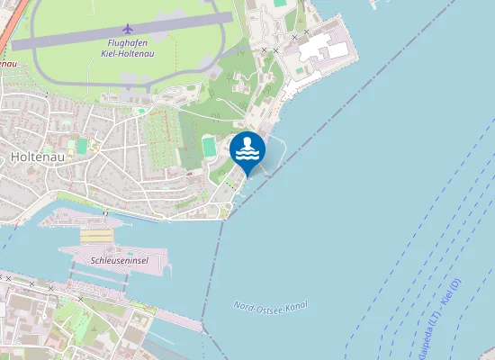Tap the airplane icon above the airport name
pos(127,28)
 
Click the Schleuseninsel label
pos(119,260)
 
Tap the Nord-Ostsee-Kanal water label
pos(271,307)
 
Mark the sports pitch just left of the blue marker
pos(210,147)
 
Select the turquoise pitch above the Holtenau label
pos(81,145)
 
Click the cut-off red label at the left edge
pos(7,65)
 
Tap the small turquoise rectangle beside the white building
pos(280,4)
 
